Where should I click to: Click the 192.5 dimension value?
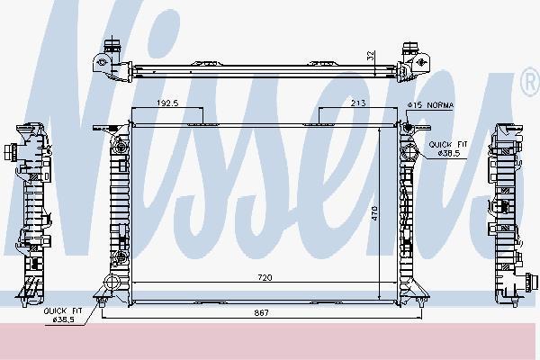(x=167, y=103)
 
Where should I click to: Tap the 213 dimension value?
(x=358, y=103)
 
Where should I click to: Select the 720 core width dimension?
(x=265, y=277)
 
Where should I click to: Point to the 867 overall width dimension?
(x=262, y=313)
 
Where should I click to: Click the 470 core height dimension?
(x=374, y=213)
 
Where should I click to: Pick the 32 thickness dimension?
(x=371, y=56)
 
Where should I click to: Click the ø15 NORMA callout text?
(x=430, y=105)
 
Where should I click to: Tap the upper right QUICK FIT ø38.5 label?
(x=448, y=148)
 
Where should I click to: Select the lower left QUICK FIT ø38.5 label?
(x=63, y=315)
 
